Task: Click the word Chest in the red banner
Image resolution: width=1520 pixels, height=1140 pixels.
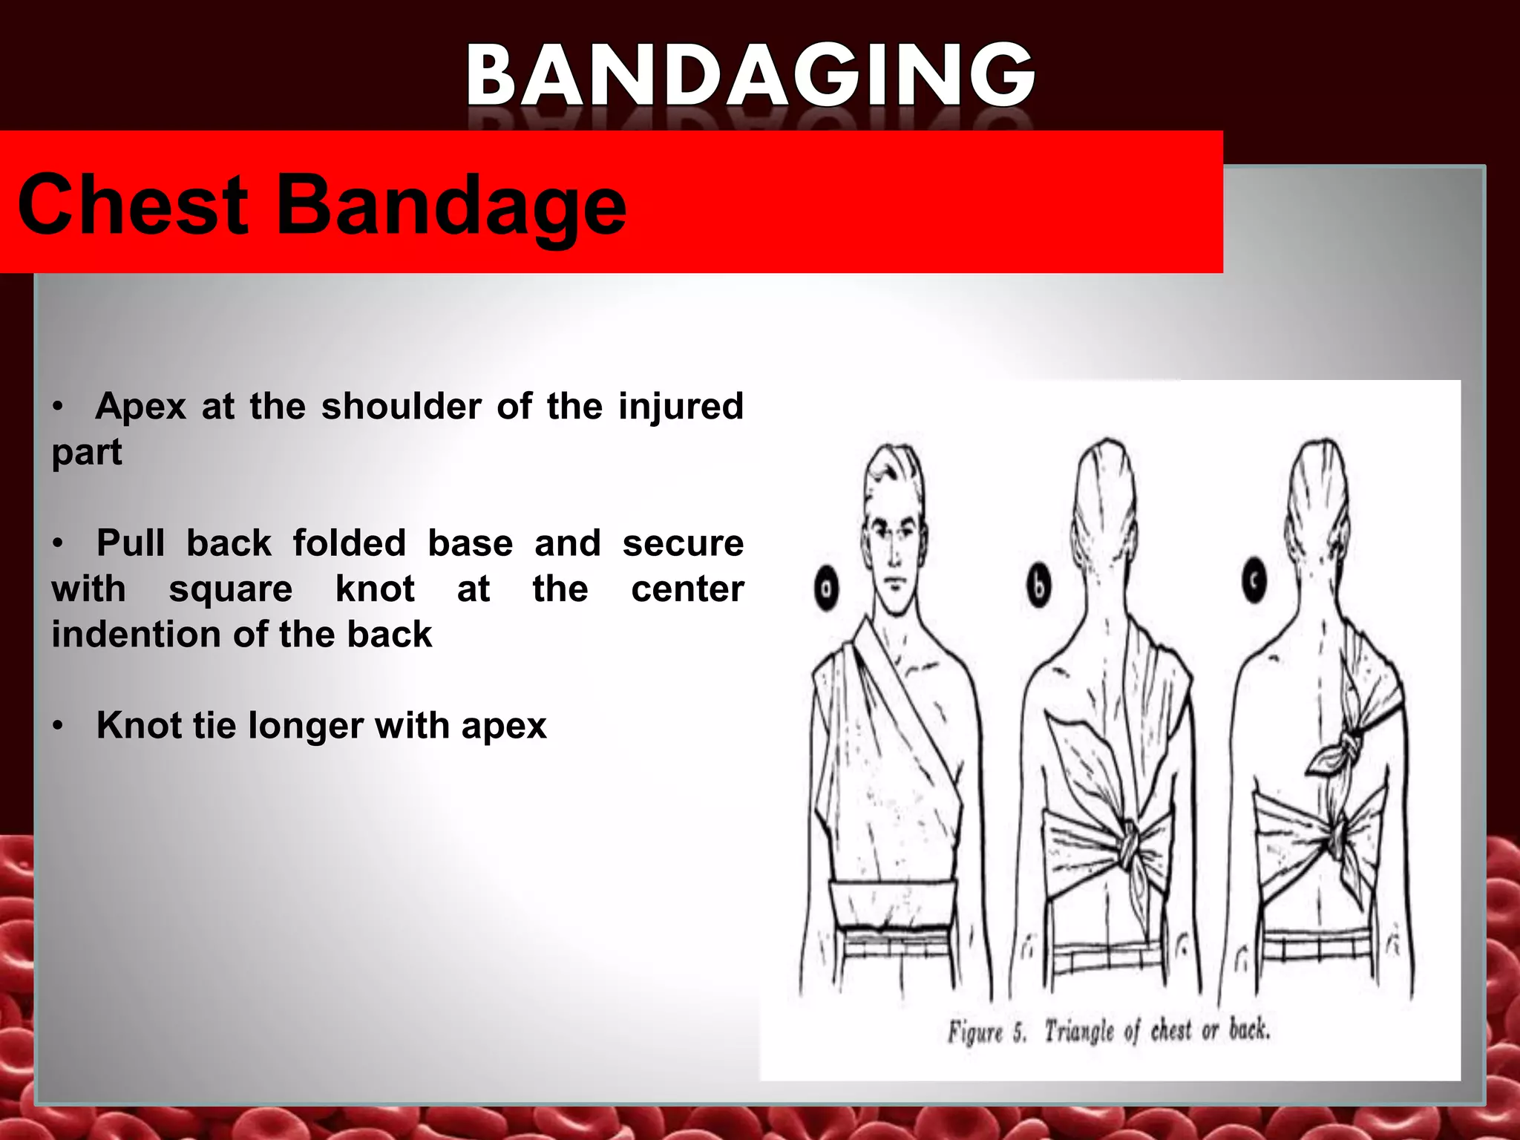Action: [x=132, y=206]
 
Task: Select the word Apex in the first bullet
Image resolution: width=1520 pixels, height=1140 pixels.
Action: [x=140, y=407]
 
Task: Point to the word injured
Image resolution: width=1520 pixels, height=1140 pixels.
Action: [x=681, y=407]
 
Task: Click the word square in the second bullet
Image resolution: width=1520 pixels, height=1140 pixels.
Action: [x=230, y=589]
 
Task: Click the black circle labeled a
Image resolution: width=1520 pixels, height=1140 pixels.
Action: [x=826, y=589]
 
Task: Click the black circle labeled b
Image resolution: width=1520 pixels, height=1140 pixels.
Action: [x=1039, y=586]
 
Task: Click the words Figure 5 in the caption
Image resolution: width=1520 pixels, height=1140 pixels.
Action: [x=987, y=1032]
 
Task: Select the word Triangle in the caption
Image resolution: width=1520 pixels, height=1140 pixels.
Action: [x=1079, y=1031]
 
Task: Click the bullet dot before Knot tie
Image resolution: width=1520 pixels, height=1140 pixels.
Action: [x=58, y=726]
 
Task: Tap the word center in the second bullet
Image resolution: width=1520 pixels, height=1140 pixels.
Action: [x=687, y=589]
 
